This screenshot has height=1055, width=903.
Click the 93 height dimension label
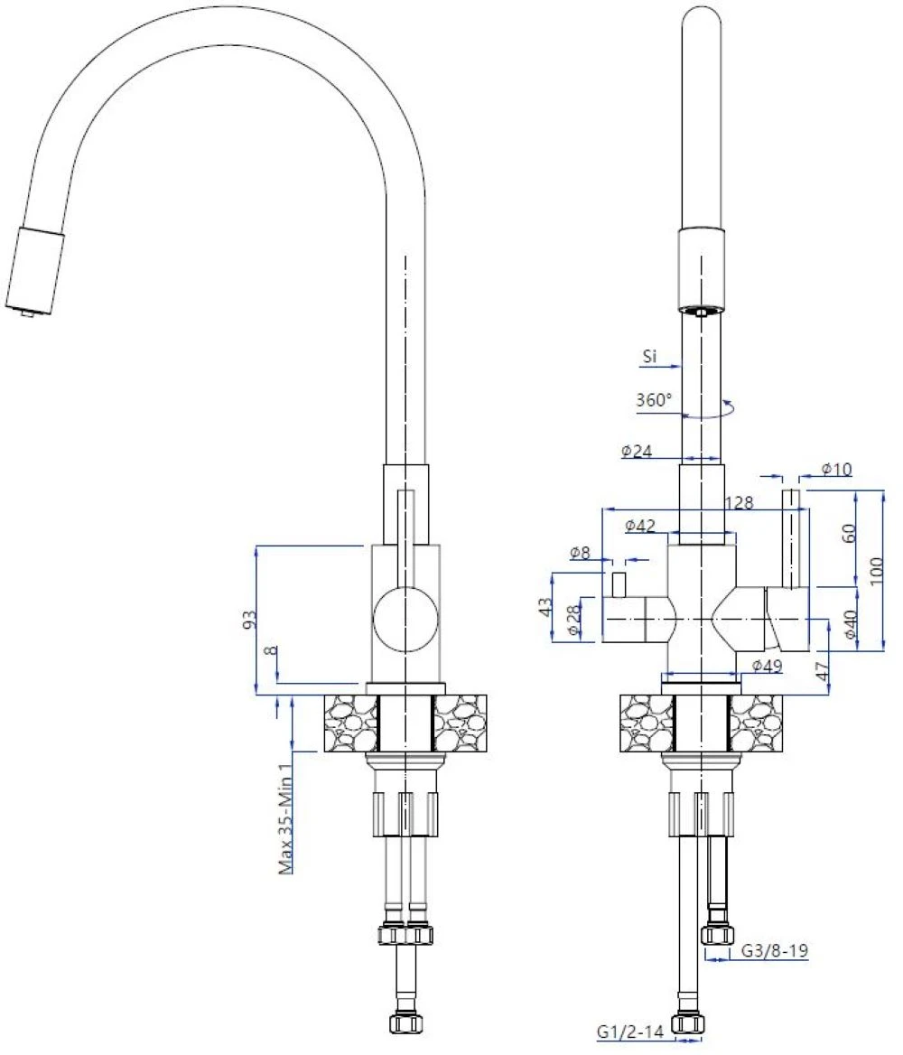pos(249,620)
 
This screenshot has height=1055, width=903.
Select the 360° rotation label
pos(654,399)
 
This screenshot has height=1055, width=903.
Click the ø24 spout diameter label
pos(637,451)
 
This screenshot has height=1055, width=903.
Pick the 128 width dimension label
pos(740,502)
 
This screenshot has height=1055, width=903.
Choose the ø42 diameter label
pos(640,527)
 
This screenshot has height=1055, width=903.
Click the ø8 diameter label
pos(580,553)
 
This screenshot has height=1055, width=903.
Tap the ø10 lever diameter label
pos(836,469)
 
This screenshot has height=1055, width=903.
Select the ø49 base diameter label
pos(767,666)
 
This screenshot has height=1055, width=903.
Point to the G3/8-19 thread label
pos(775,950)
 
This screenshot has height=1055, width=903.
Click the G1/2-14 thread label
pos(629,1031)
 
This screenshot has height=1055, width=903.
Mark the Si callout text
pos(649,357)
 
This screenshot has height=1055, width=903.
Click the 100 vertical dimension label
pos(875,571)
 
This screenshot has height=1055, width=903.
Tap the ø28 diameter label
pos(574,620)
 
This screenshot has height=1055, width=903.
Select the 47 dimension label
pos(822,671)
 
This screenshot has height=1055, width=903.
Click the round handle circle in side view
pos(405,619)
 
